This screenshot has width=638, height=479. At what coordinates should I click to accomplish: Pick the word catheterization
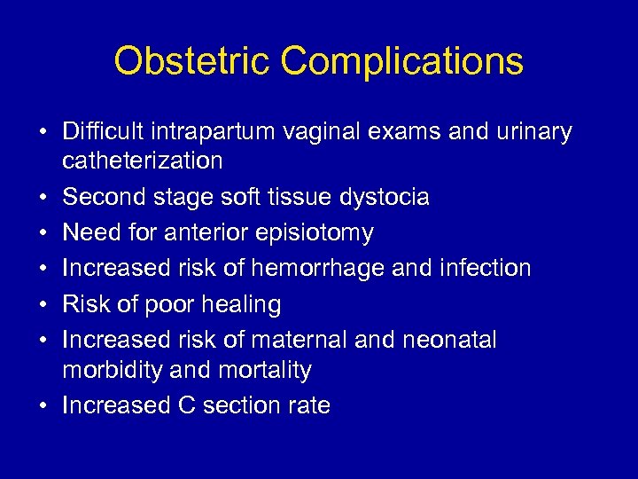click(142, 161)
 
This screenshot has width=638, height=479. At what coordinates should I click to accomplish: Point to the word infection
click(486, 269)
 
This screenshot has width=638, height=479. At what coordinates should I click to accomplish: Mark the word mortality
click(264, 370)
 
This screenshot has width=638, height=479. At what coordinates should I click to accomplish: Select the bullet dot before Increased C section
click(43, 406)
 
